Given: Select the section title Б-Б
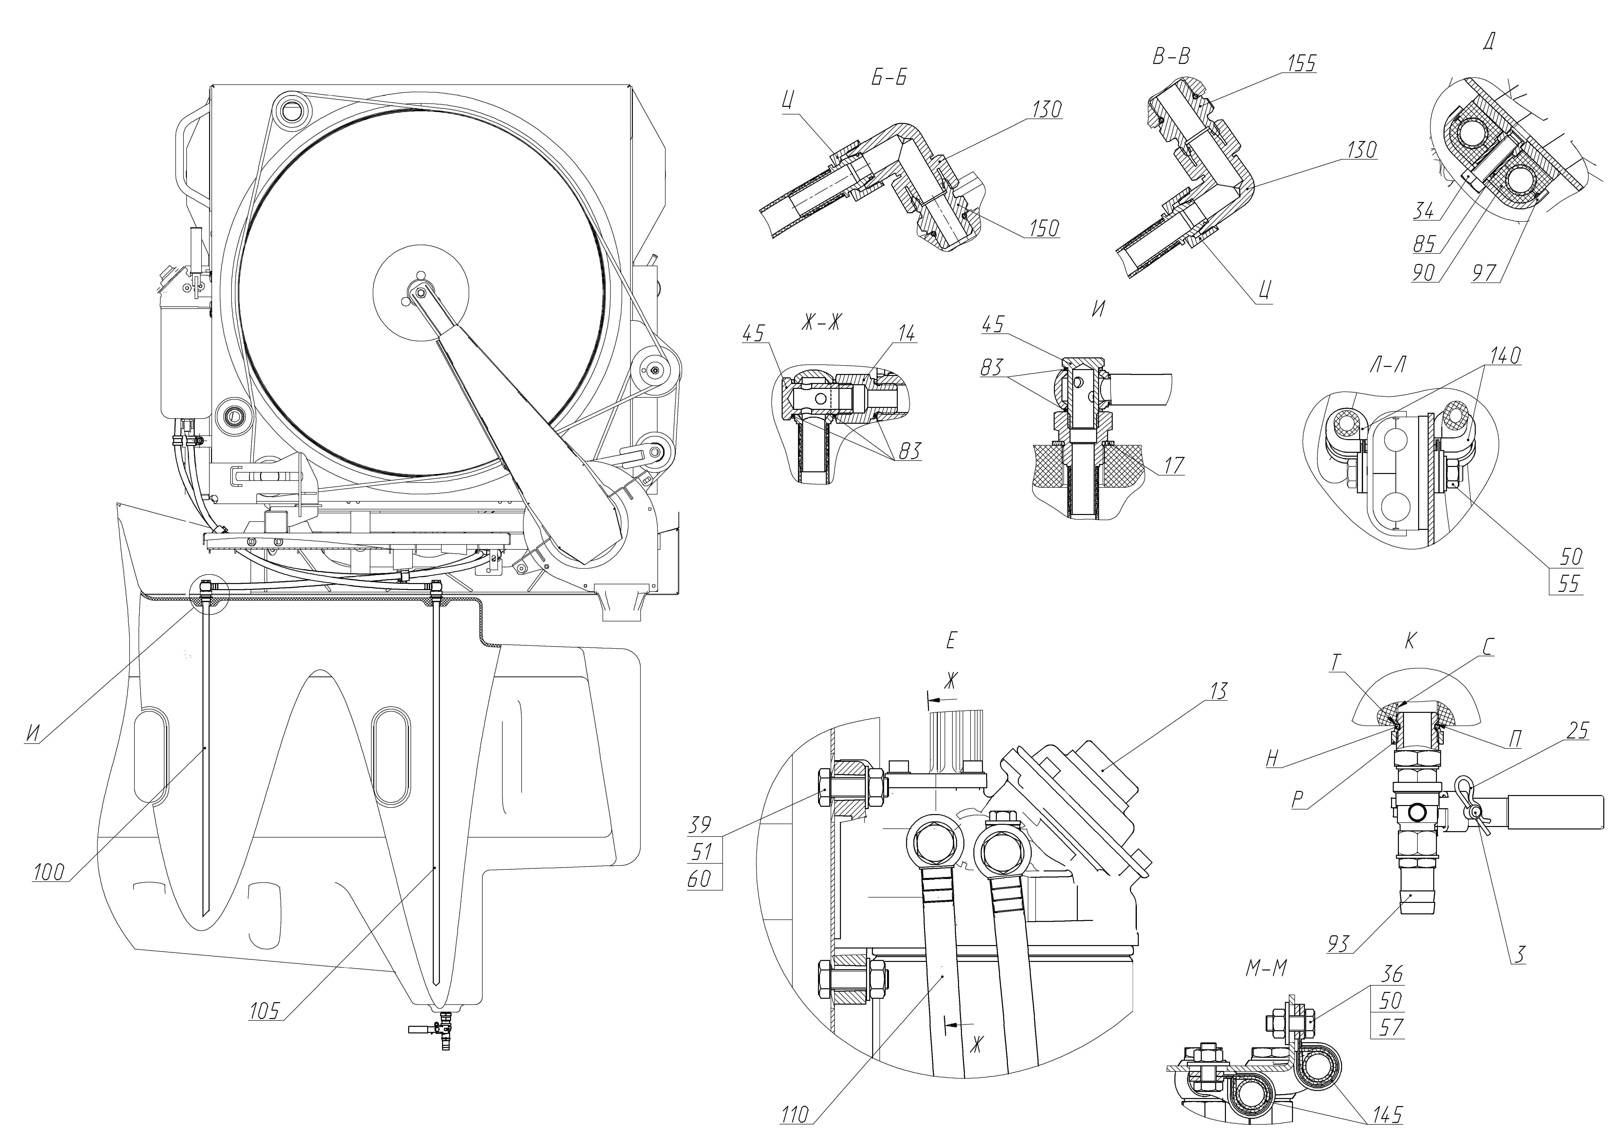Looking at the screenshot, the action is pos(889,77).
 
